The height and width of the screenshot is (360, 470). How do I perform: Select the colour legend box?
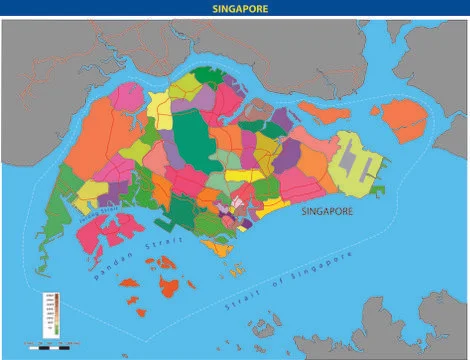coord(51,313)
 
